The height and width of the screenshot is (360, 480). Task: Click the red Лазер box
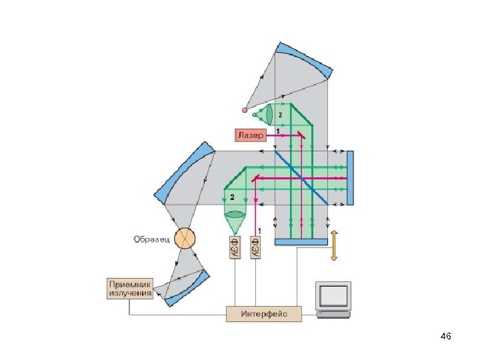pyautogui.click(x=251, y=135)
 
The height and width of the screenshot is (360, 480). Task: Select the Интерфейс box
pyautogui.click(x=264, y=313)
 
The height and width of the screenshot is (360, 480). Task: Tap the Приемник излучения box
pyautogui.click(x=130, y=289)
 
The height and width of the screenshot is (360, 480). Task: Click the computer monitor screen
pyautogui.click(x=333, y=295)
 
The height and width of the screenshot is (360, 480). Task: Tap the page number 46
pyautogui.click(x=446, y=337)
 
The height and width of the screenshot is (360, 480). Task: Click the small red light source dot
pyautogui.click(x=245, y=109)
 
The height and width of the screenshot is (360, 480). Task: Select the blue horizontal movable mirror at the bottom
pyautogui.click(x=301, y=241)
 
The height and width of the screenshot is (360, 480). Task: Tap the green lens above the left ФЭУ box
pyautogui.click(x=234, y=217)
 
